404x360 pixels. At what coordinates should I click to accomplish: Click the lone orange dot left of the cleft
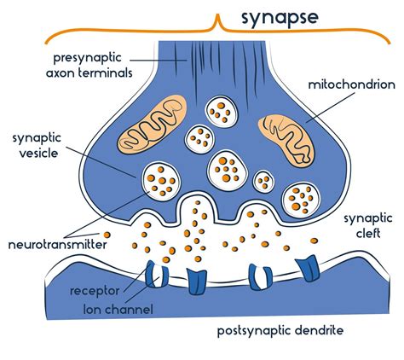[x=107, y=234]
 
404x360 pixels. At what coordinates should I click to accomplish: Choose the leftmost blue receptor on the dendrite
[x=154, y=273]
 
